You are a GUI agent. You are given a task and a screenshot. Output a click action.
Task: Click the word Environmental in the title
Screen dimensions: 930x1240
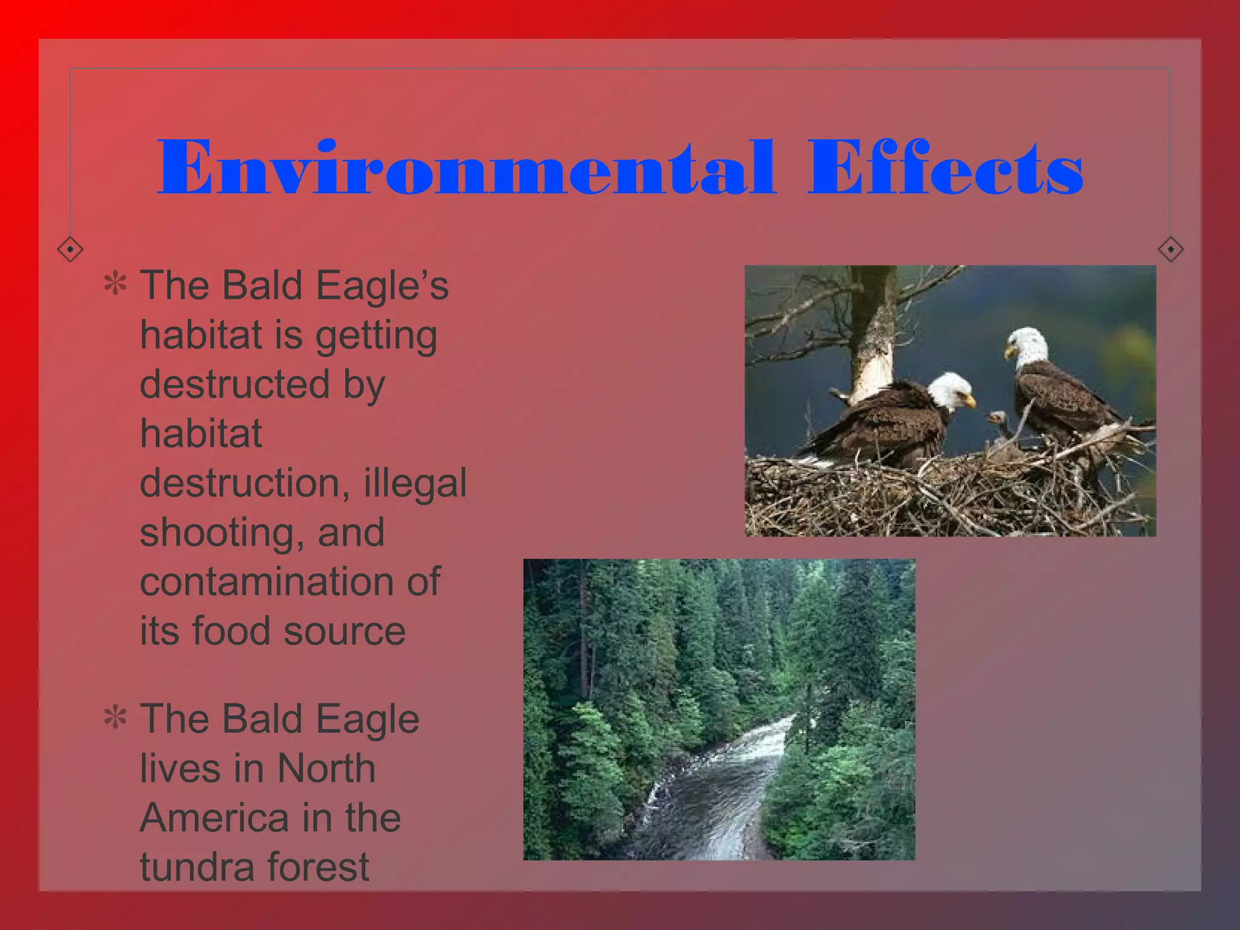pyautogui.click(x=465, y=168)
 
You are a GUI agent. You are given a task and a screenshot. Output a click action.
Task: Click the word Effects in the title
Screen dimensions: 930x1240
pyautogui.click(x=945, y=168)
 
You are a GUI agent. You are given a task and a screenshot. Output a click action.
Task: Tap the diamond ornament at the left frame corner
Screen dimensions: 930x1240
pyautogui.click(x=70, y=249)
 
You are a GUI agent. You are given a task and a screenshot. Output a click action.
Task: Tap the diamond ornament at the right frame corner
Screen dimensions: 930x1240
pyautogui.click(x=1170, y=249)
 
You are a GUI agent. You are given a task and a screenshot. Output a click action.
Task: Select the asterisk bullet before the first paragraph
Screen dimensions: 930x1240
pyautogui.click(x=115, y=285)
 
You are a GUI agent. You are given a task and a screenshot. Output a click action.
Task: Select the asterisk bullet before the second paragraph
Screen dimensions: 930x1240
pyautogui.click(x=115, y=718)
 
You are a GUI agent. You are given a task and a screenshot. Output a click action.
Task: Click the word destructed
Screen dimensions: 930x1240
pyautogui.click(x=235, y=384)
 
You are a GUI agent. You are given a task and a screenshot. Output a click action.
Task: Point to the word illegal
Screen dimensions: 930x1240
pyautogui.click(x=415, y=483)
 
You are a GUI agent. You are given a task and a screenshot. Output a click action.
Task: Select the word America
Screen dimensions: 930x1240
pyautogui.click(x=214, y=817)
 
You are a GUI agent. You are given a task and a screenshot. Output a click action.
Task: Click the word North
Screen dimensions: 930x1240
pyautogui.click(x=326, y=768)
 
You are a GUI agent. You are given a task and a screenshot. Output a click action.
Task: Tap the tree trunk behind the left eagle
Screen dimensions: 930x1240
pyautogui.click(x=873, y=339)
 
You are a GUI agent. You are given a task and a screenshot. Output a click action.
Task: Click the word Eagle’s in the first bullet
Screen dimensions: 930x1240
pyautogui.click(x=382, y=285)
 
